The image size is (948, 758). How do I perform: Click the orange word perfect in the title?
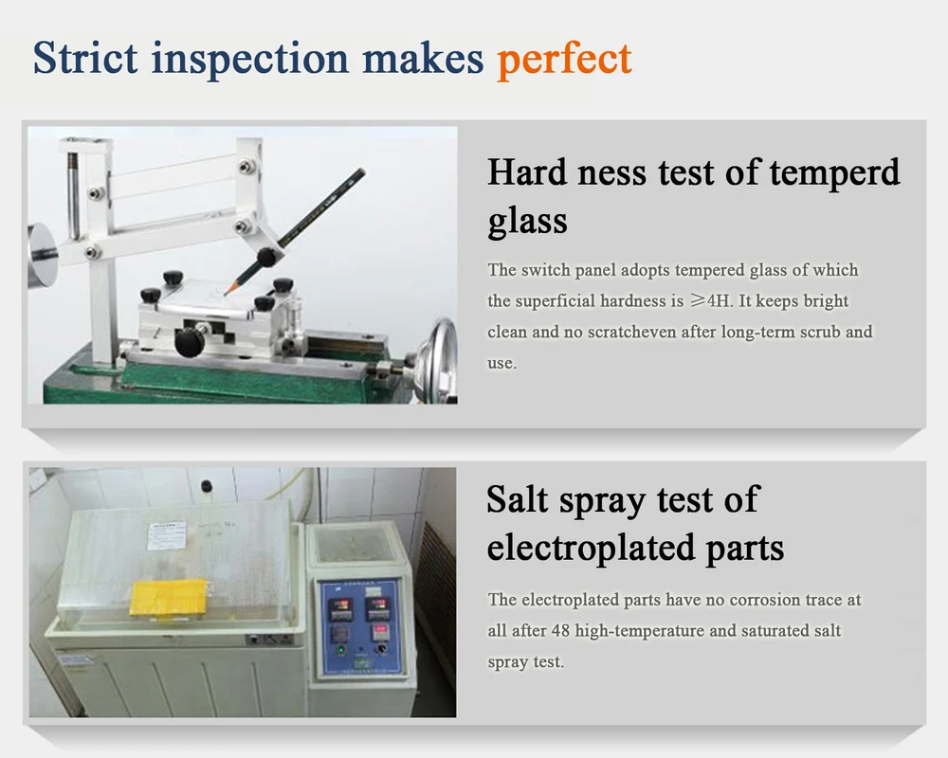tap(564, 59)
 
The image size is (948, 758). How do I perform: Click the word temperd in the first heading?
tap(834, 173)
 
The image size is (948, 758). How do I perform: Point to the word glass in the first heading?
tap(527, 222)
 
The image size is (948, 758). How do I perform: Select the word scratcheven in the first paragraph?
tap(623, 333)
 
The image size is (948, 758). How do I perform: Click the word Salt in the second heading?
tap(517, 500)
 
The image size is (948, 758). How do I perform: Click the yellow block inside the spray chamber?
tap(169, 597)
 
